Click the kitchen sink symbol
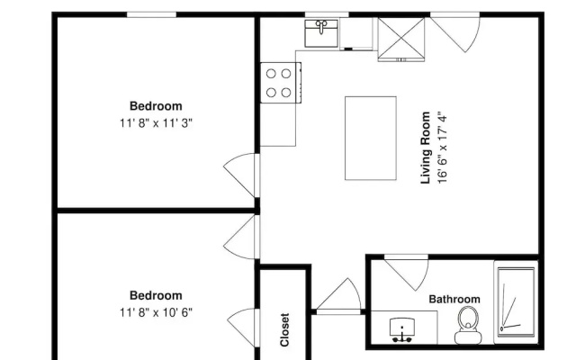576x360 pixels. coord(321,33)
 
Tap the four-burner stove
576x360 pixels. coord(281,83)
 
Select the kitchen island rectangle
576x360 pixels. coord(371,138)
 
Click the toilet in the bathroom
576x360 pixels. coord(468,325)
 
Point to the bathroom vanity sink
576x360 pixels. coord(402,329)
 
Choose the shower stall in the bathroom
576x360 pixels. coord(516,302)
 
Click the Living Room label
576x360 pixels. coord(426,148)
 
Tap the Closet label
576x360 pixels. coord(284,329)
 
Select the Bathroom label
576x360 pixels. coord(454,299)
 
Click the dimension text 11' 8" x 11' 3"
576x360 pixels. coord(156,123)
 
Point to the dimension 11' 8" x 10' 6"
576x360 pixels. coord(156,312)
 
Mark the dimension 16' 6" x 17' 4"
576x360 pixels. coord(442,149)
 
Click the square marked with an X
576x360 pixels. coord(401,38)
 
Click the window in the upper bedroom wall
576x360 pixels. coord(152,14)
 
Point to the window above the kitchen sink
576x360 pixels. coord(327,14)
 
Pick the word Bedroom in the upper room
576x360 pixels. coord(156,106)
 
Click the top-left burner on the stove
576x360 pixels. coord(271,74)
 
